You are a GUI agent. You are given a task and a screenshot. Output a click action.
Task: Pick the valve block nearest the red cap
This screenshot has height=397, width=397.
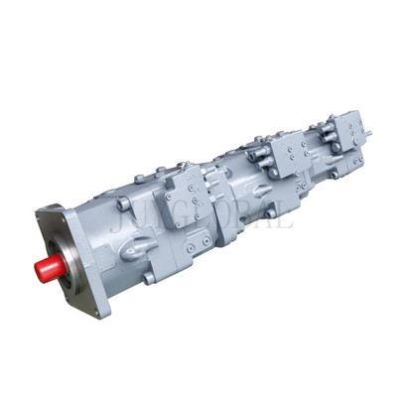click(x=189, y=195)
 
